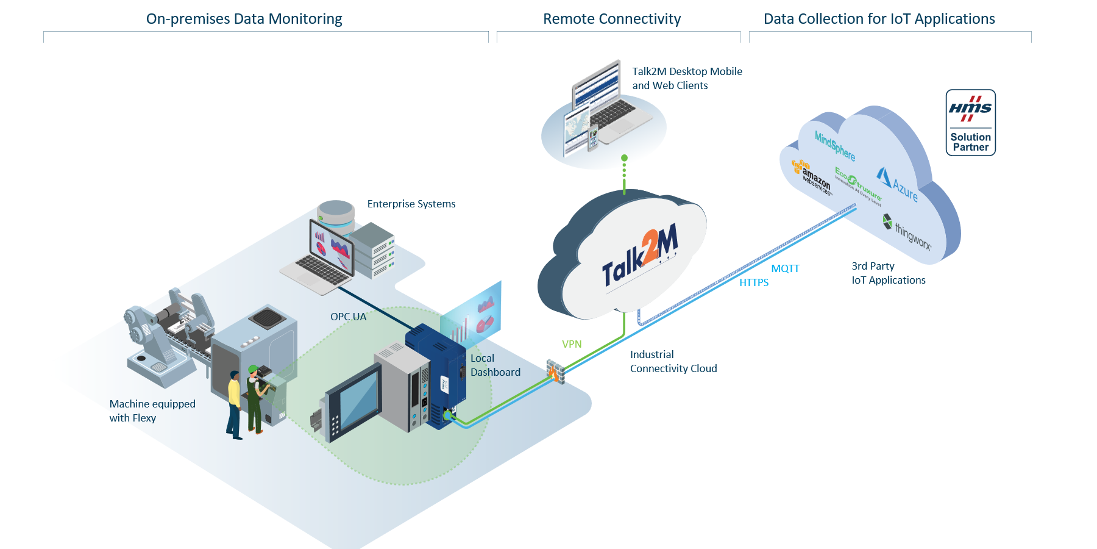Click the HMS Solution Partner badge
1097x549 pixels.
[x=970, y=123]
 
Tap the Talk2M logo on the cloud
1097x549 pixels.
[x=640, y=256]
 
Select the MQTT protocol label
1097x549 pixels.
[x=785, y=268]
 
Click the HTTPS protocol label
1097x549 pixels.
[x=754, y=282]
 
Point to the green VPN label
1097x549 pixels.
[x=572, y=344]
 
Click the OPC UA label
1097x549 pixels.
[x=349, y=317]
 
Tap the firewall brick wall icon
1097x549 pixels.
[x=555, y=371]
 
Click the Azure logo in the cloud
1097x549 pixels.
[x=898, y=184]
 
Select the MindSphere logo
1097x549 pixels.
[x=835, y=146]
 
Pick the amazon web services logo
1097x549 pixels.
[x=812, y=177]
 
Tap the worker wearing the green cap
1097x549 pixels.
[x=255, y=399]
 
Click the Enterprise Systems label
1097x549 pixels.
[x=411, y=204]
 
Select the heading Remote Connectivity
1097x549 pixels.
[x=612, y=19]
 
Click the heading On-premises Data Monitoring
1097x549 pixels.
[x=244, y=19]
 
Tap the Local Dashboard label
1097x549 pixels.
[x=495, y=365]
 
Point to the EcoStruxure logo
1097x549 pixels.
[x=858, y=186]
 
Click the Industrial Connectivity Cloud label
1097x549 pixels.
[x=673, y=361]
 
